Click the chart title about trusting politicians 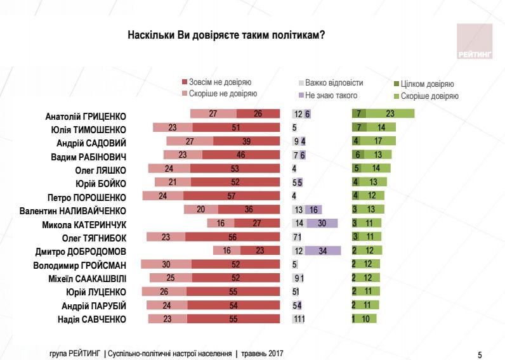(x=226, y=34)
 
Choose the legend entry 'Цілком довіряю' (x=424, y=84)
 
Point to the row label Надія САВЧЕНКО (x=91, y=319)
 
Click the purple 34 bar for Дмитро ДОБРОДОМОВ (x=322, y=250)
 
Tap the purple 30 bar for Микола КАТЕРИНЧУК (x=322, y=223)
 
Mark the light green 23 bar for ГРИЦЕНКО (x=390, y=114)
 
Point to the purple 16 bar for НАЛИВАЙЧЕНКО (x=313, y=210)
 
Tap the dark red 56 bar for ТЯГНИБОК (x=233, y=237)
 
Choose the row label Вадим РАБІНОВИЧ (x=89, y=155)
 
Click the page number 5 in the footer (x=480, y=353)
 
